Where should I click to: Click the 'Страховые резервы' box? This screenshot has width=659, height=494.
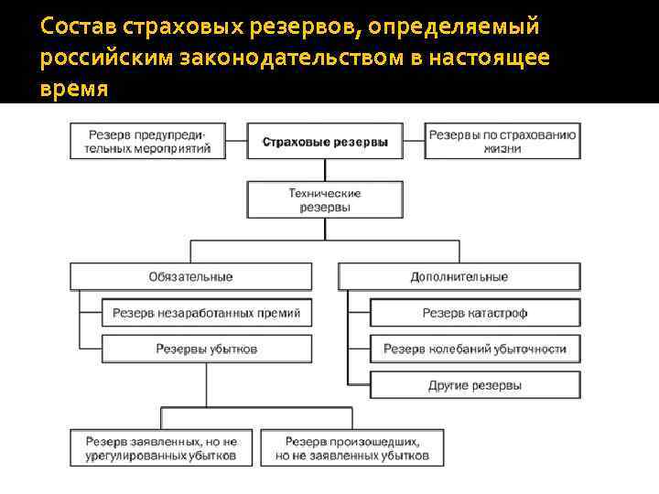point(325,142)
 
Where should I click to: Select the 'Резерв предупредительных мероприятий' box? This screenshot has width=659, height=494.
point(147,142)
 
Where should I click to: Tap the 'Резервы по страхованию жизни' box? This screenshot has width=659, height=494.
point(502,142)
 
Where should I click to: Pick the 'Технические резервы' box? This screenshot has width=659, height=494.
point(325,200)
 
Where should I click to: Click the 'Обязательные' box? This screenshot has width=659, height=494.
point(191,276)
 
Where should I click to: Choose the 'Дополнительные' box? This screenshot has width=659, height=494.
point(459,276)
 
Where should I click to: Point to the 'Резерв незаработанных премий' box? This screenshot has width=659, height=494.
point(207,313)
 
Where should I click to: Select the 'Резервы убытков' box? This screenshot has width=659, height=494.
point(207,349)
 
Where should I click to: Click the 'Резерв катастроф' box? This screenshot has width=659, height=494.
point(475,313)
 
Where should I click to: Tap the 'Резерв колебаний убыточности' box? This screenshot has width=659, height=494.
point(475,349)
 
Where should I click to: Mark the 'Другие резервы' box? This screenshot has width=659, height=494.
point(475,384)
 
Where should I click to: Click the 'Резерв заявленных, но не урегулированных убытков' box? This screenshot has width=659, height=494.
point(161,447)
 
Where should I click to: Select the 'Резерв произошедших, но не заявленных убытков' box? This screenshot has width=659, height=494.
point(352,447)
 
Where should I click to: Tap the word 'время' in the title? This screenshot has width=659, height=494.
point(74,90)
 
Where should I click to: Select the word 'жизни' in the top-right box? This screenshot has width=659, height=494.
point(502,149)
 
